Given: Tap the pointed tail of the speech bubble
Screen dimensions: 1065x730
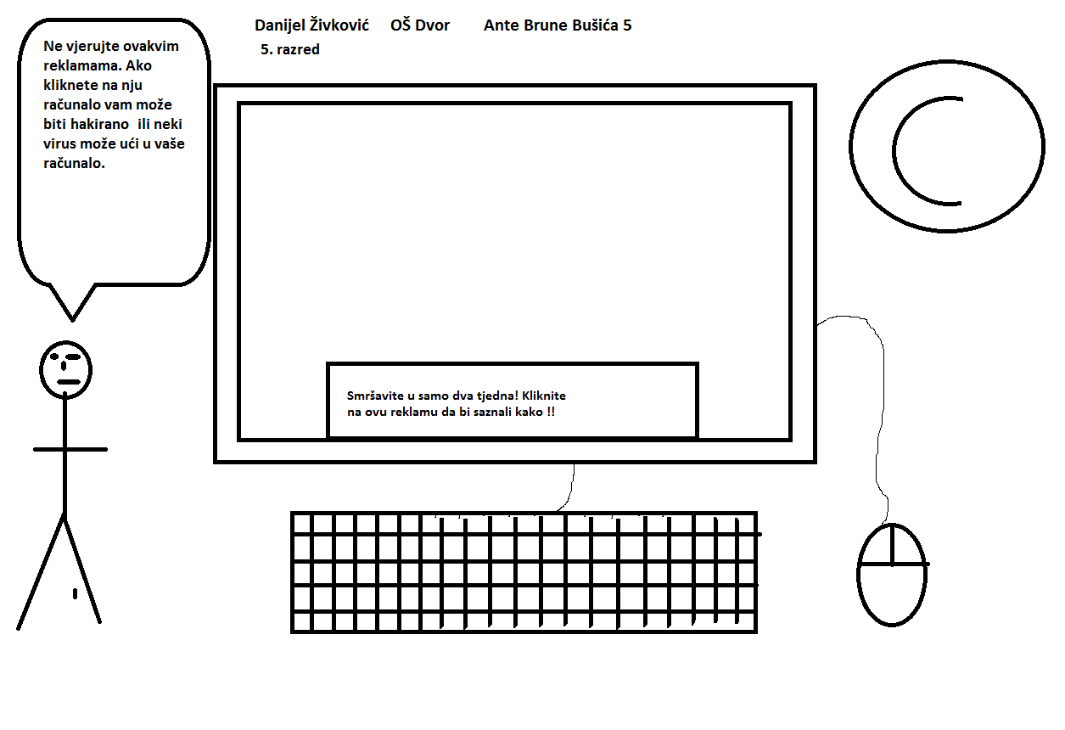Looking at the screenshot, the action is [72, 321].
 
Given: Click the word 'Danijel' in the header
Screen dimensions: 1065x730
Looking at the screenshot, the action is [278, 25].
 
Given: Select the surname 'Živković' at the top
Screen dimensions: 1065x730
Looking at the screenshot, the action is [339, 25].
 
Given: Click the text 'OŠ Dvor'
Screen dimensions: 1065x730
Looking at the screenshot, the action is [420, 25].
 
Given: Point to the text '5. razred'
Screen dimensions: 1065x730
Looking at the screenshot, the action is [290, 49].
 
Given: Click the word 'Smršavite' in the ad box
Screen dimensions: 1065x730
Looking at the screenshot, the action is [375, 396].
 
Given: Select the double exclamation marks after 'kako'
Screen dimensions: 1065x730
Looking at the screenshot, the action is [551, 412].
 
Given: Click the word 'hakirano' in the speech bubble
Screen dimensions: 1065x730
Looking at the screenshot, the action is [100, 124].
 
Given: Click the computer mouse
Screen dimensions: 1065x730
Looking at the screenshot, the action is [893, 575].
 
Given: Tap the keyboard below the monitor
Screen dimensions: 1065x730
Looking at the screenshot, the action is [524, 573].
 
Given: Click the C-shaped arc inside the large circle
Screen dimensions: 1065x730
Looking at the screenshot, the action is [894, 151].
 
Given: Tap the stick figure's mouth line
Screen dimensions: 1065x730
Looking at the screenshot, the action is [69, 381].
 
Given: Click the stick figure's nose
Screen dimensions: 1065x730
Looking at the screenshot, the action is [64, 366].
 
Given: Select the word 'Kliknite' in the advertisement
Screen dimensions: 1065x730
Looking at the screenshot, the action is [544, 396].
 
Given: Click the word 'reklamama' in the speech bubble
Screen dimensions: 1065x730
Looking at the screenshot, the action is [82, 65].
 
